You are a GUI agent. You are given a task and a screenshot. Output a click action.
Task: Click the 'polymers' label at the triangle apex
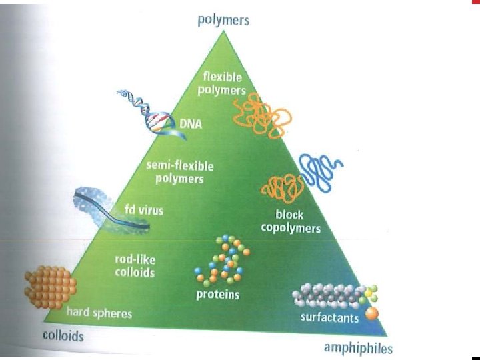click(223, 20)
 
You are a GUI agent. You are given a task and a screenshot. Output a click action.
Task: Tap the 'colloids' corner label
click(63, 335)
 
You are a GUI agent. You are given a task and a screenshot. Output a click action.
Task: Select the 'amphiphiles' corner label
click(358, 347)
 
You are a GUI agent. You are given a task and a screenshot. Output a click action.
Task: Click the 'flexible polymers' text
click(224, 83)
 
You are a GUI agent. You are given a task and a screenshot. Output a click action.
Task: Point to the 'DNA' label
click(191, 124)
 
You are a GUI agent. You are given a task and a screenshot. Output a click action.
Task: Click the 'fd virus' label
click(146, 211)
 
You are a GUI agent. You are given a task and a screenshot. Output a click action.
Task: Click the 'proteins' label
click(217, 294)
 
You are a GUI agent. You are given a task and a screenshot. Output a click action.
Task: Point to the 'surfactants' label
click(329, 317)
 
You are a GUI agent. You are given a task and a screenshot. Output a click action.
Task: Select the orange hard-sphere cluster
click(49, 285)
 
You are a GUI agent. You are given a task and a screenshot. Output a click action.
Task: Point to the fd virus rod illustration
click(109, 207)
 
